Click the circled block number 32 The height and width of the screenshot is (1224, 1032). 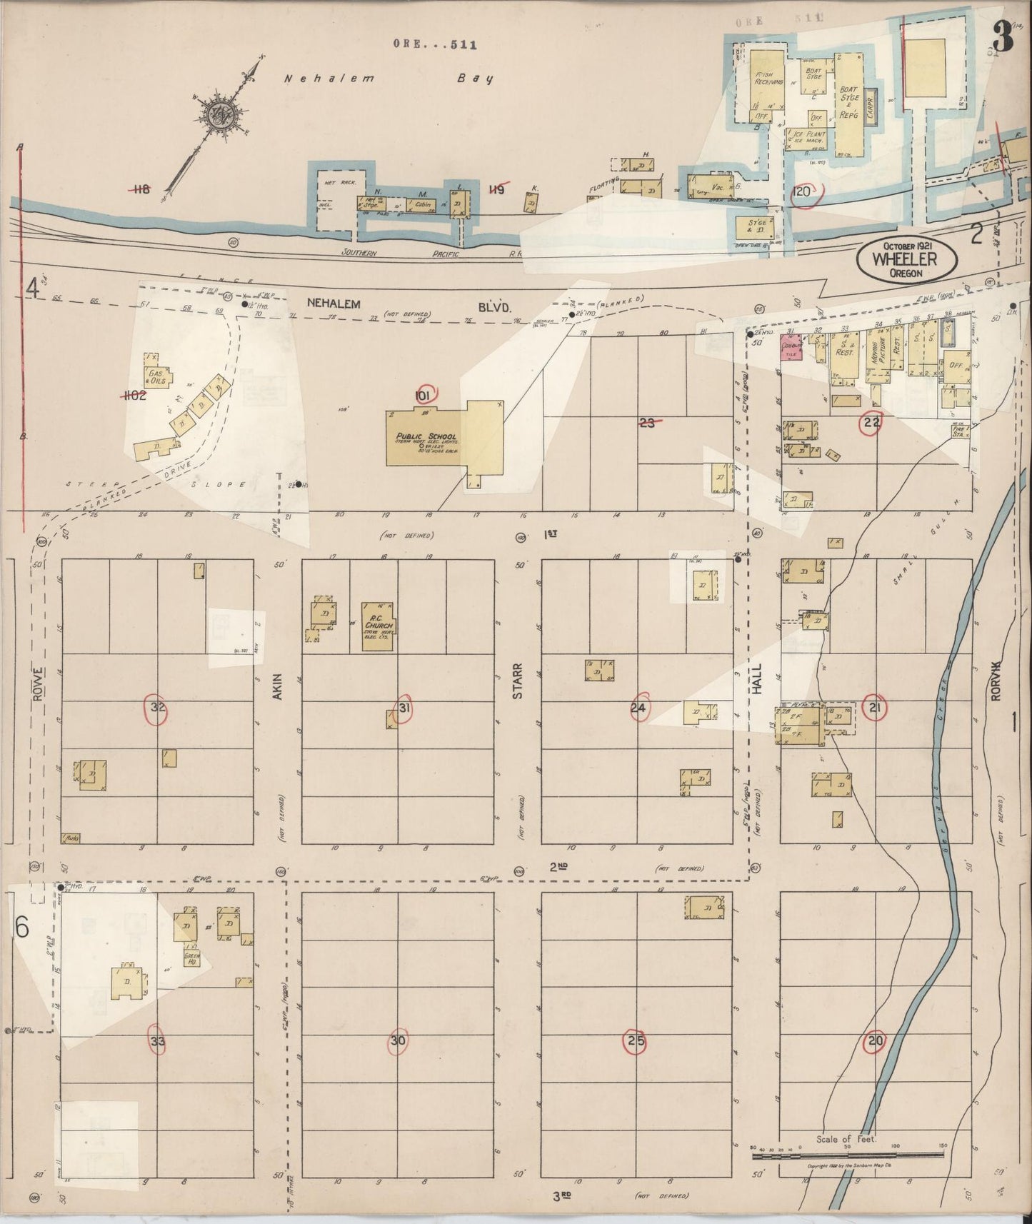[x=158, y=708]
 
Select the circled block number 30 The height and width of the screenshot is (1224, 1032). [x=398, y=1040]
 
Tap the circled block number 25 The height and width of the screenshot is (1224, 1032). [x=636, y=1040]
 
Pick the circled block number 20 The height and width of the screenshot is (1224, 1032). [x=876, y=1040]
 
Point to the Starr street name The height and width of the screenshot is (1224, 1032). [x=518, y=681]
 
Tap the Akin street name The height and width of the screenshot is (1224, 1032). [x=278, y=686]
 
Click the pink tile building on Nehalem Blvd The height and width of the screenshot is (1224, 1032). [x=791, y=347]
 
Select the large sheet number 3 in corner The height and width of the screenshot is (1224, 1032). [x=1002, y=38]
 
